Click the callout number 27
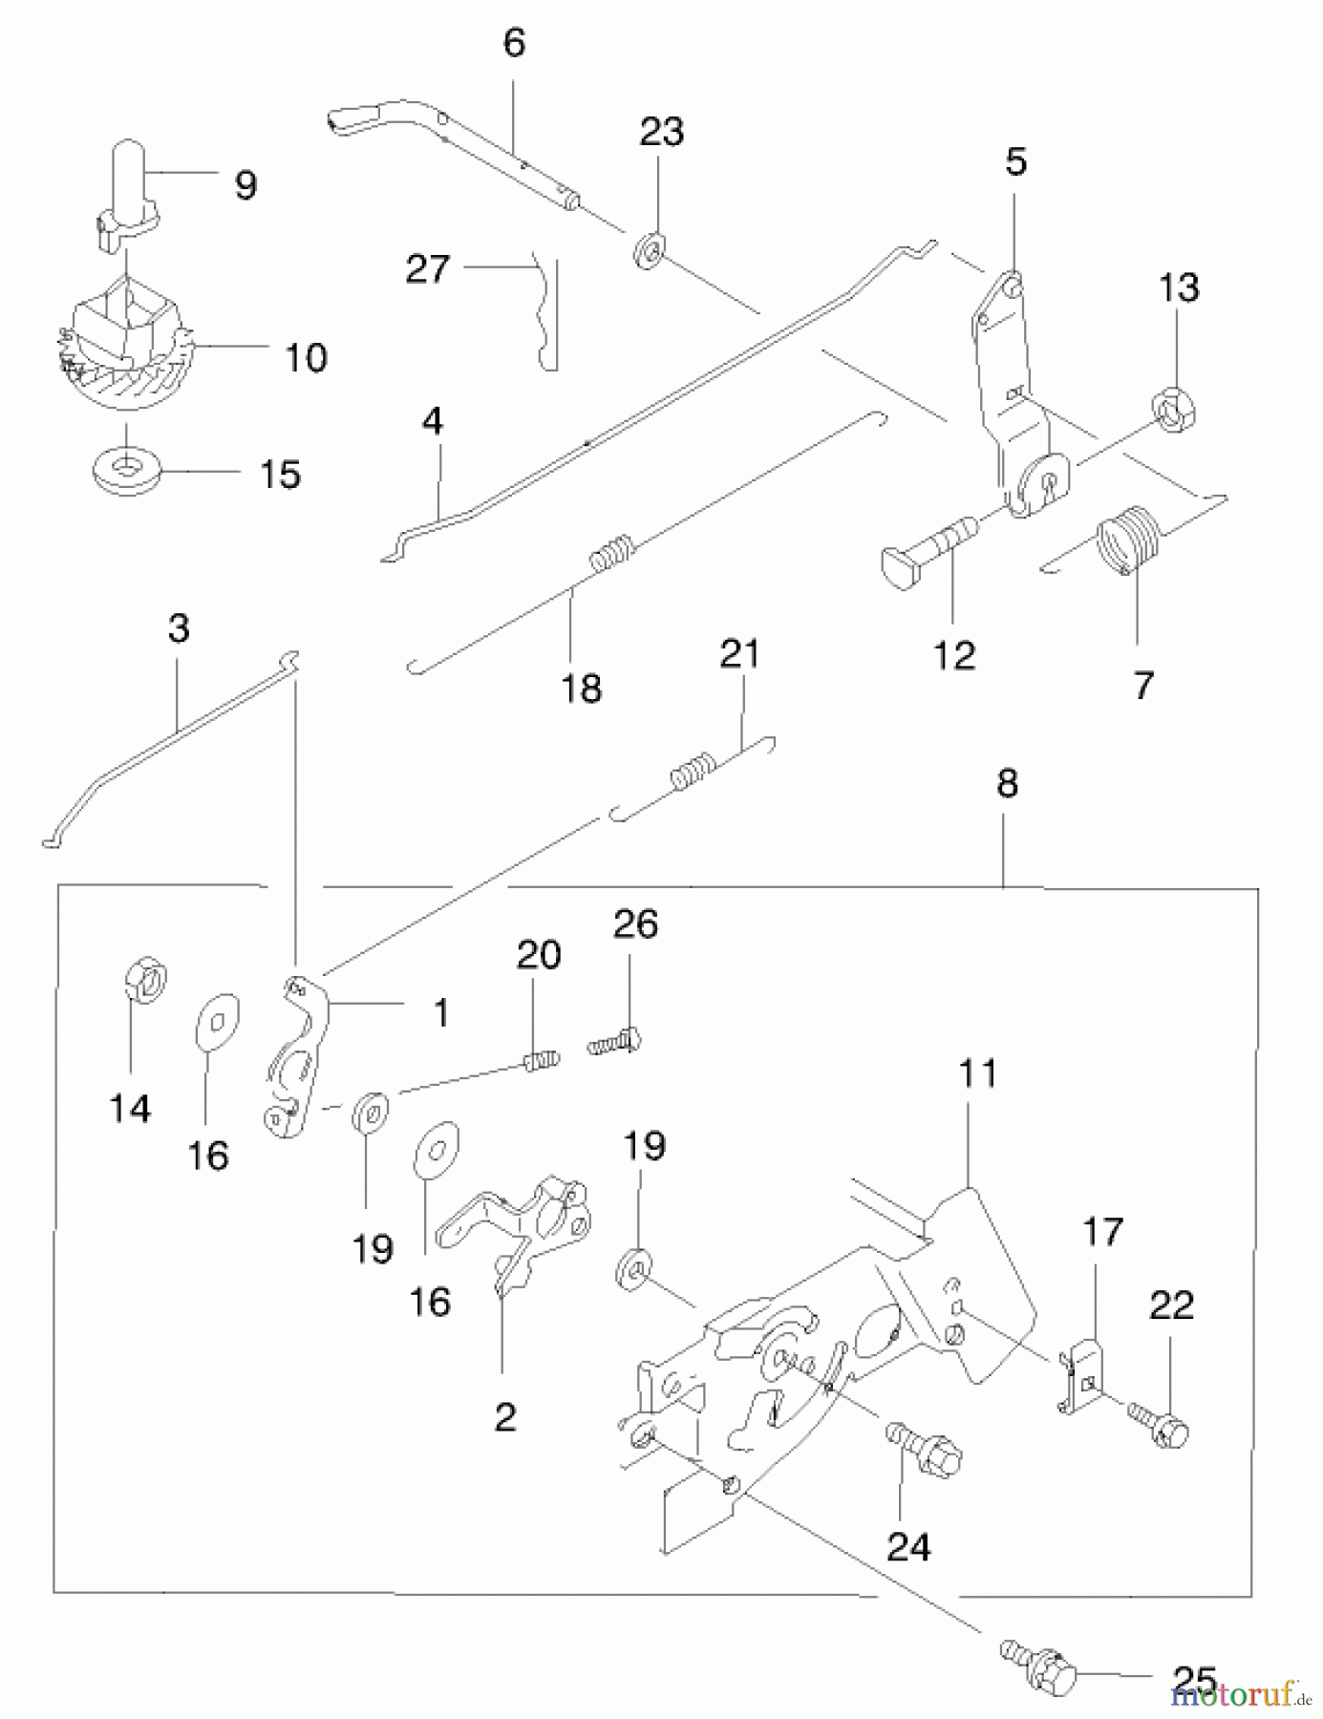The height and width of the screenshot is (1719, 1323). pos(427,269)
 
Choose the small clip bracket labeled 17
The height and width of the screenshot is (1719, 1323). pos(1083,1371)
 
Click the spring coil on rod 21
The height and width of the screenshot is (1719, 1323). pos(693,772)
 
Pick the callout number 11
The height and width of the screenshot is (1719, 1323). pos(978,1073)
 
